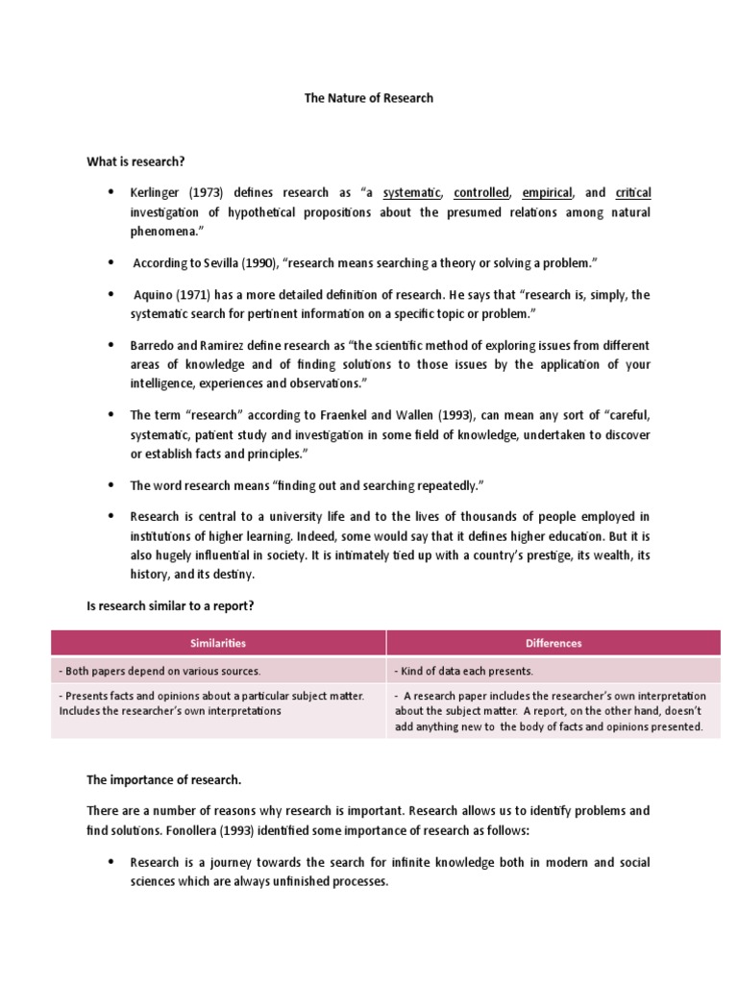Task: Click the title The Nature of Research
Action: tap(369, 98)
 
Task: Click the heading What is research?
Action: tap(135, 161)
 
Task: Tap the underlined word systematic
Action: tap(412, 193)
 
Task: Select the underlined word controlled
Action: tap(481, 193)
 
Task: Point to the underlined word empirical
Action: tap(547, 193)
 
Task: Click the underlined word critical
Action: tap(632, 193)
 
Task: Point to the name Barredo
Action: tap(154, 345)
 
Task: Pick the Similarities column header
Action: tap(219, 643)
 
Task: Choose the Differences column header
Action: tap(553, 643)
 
